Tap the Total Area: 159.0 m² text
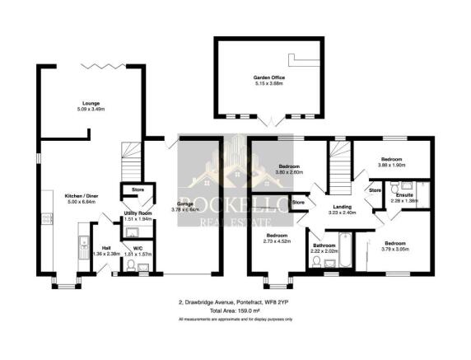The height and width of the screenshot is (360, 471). coord(235,311)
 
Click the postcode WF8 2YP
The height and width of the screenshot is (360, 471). coord(282,302)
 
